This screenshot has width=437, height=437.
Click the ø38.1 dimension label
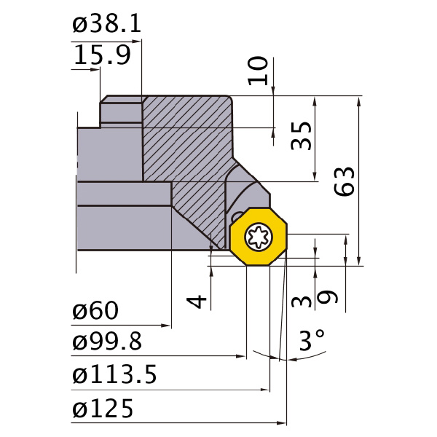coord(106,25)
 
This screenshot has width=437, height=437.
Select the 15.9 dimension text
coord(101,56)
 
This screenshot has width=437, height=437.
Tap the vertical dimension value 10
coord(259,71)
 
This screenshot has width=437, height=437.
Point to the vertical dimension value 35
coord(301,135)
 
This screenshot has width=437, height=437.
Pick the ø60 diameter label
coord(95,311)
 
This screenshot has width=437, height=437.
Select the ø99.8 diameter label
coord(107,341)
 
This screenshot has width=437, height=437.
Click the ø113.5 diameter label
coord(114,375)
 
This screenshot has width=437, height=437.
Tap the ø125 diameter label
coord(103,409)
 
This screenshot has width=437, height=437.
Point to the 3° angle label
coord(312,340)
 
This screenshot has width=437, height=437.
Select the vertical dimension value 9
coord(328,298)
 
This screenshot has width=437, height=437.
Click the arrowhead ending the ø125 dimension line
coord(283,422)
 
